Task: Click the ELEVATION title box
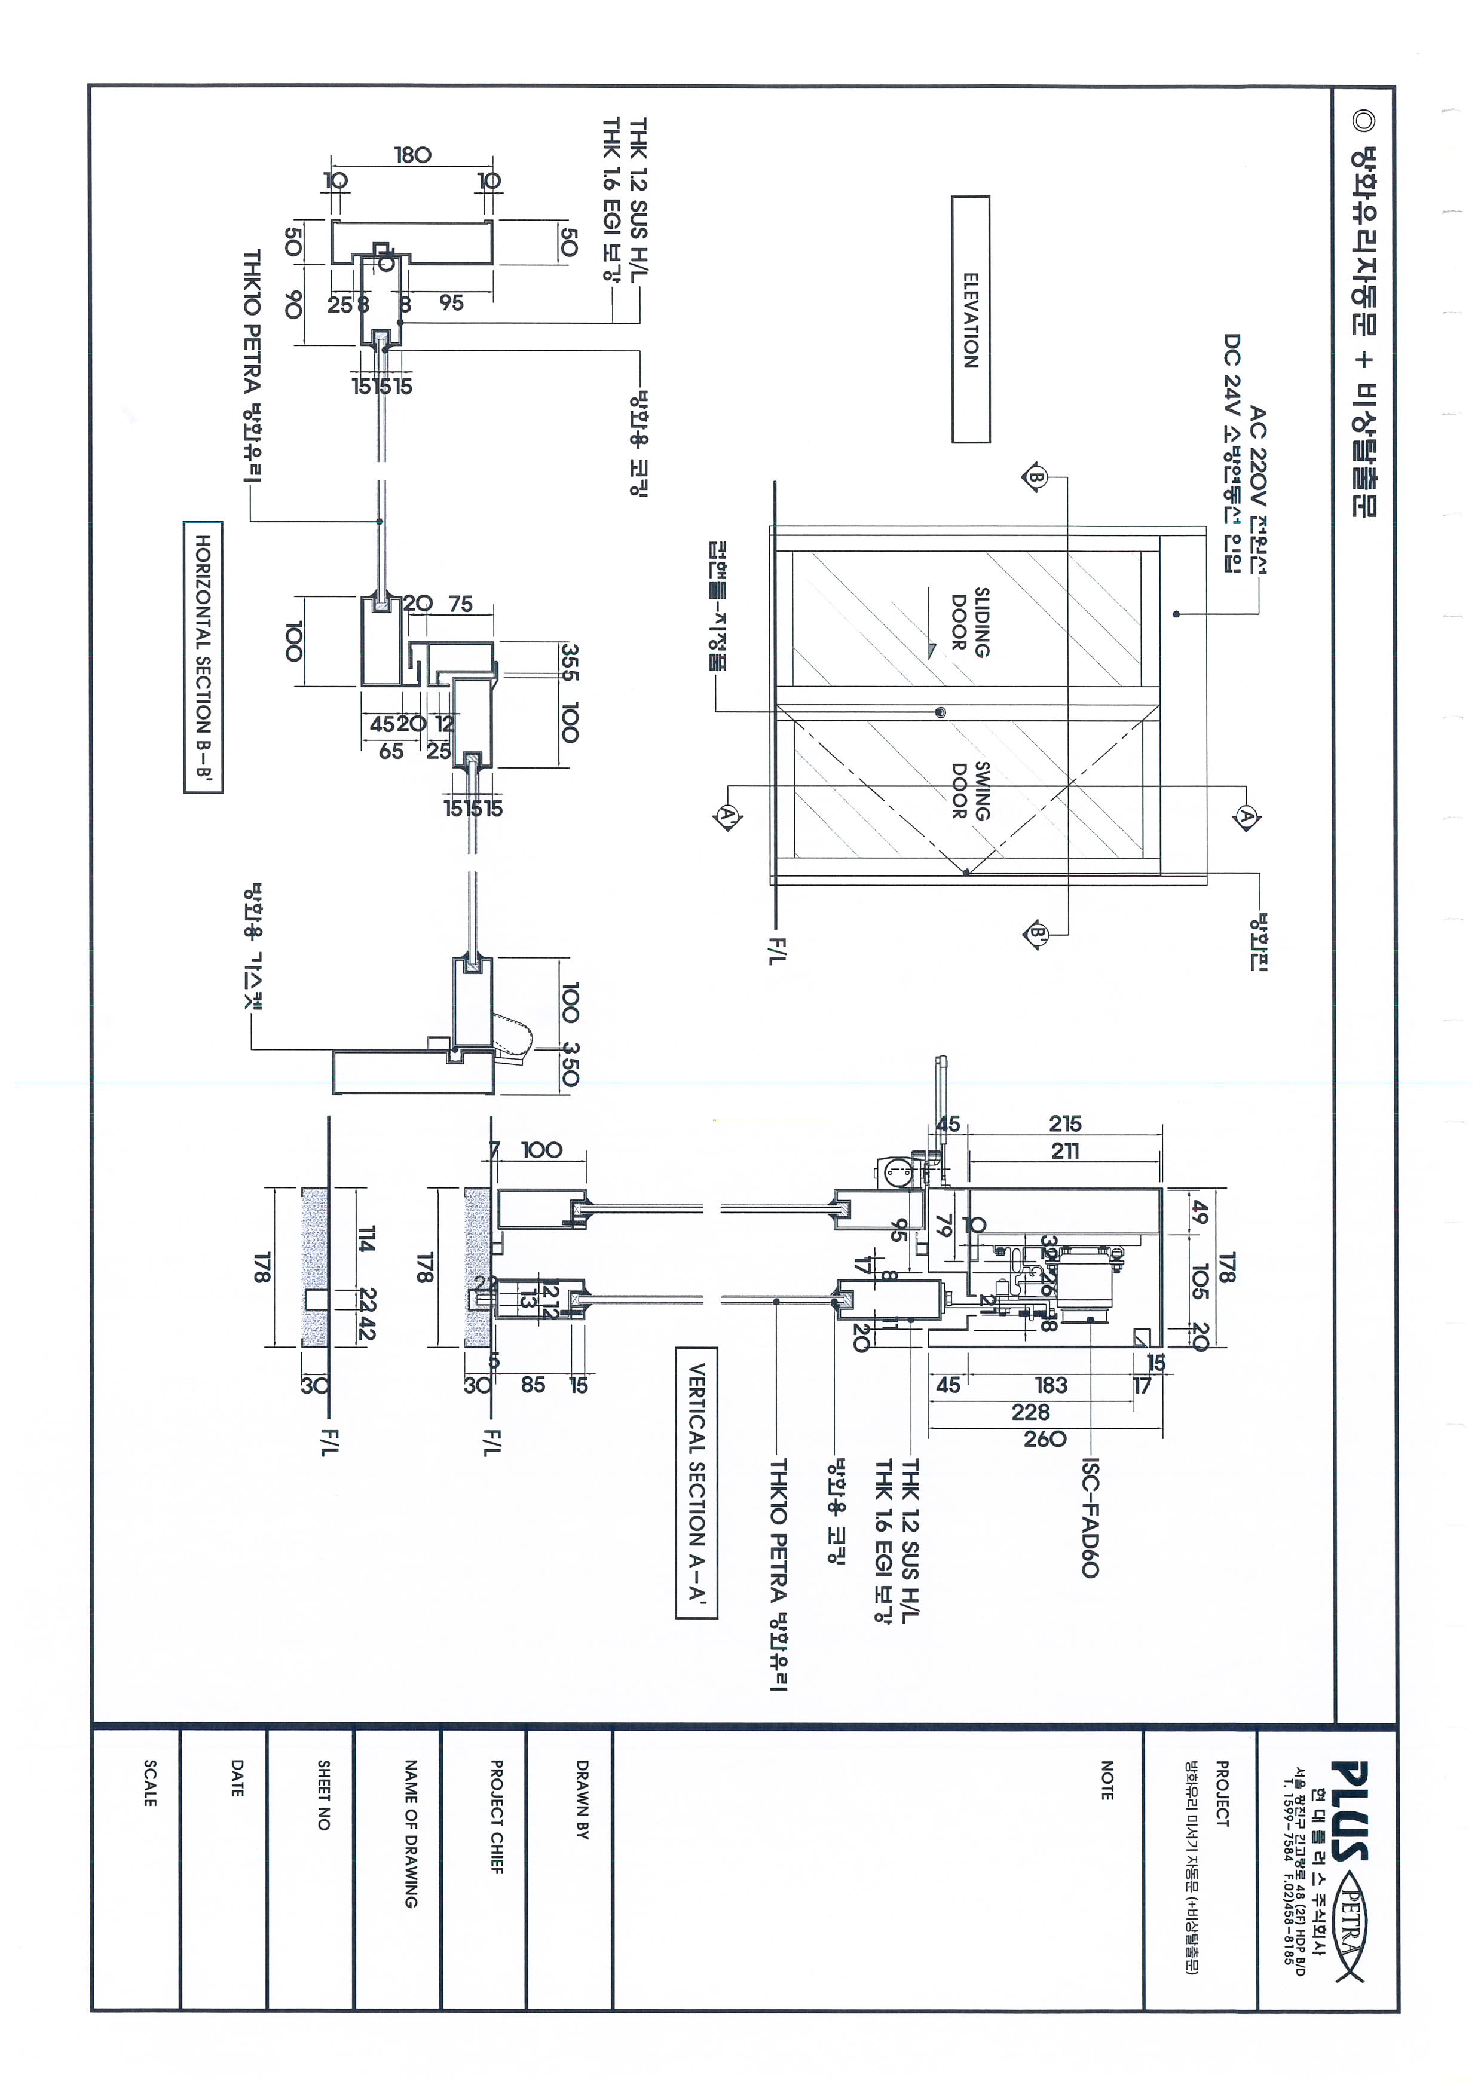tap(971, 320)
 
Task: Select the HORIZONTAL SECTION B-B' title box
tap(203, 657)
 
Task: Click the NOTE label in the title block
tap(1106, 1779)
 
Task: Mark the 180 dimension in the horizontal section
tap(412, 155)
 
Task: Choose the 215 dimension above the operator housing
tap(1065, 1123)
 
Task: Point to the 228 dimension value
tap(1030, 1412)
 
